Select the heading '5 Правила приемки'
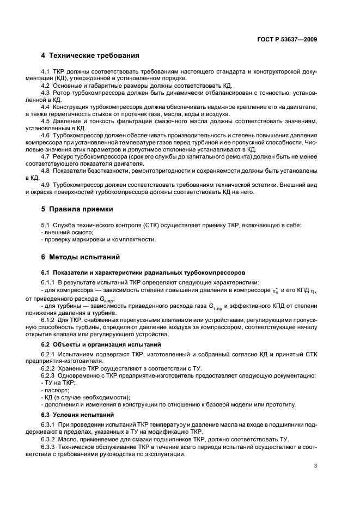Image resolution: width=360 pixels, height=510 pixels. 83,209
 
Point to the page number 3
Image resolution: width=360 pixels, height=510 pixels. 316,466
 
